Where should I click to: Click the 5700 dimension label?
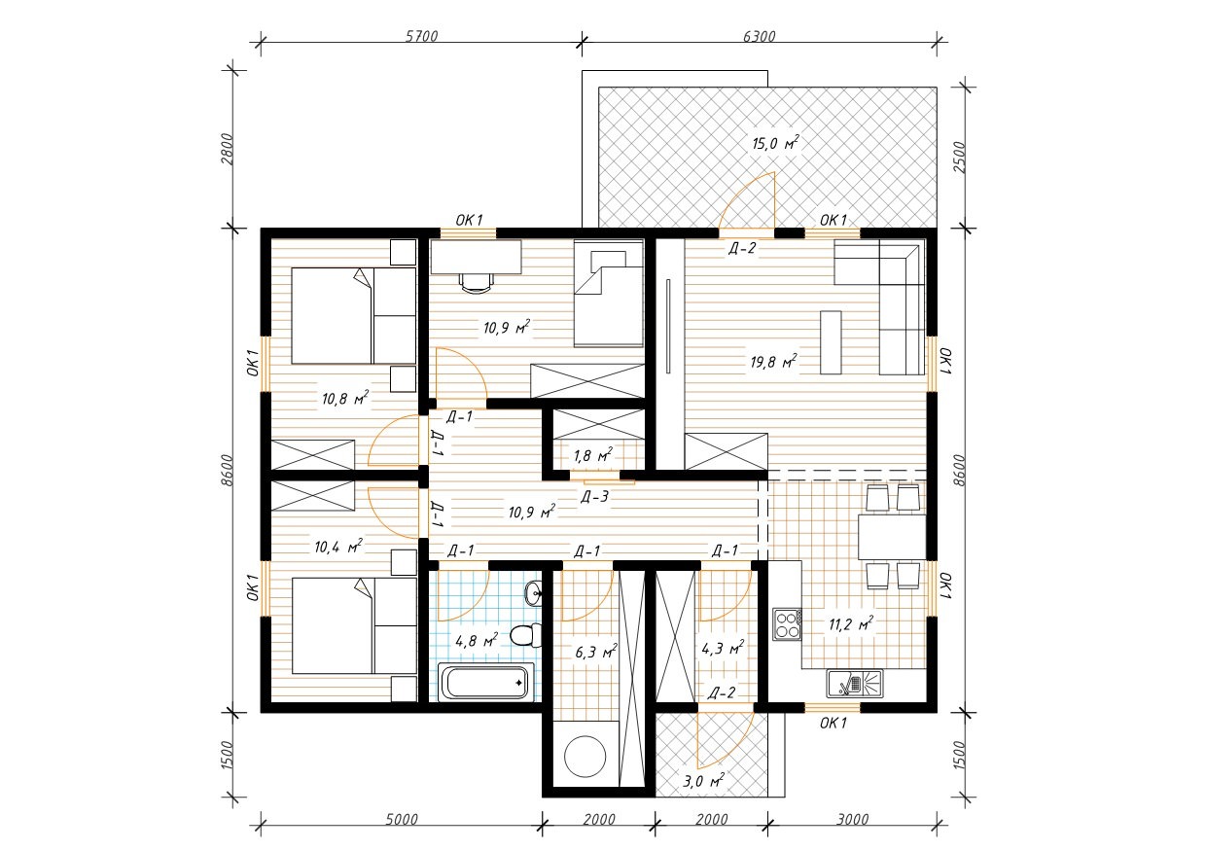(x=421, y=36)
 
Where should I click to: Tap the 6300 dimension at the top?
(x=760, y=36)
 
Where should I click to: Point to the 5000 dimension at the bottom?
(x=402, y=819)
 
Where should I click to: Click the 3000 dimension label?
(x=853, y=819)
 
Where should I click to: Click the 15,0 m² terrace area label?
(x=775, y=143)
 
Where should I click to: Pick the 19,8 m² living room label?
(x=773, y=361)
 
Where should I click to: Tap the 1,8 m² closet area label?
(x=592, y=455)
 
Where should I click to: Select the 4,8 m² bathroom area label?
(x=477, y=640)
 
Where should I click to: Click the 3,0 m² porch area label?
(x=703, y=781)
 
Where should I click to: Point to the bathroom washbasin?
(x=534, y=592)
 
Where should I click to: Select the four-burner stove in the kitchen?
(x=787, y=624)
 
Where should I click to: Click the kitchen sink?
(x=855, y=683)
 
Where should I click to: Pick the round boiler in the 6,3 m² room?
(x=585, y=756)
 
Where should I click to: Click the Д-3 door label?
(x=594, y=497)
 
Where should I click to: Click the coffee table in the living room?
(x=831, y=341)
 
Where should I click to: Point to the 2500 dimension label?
(x=959, y=157)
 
